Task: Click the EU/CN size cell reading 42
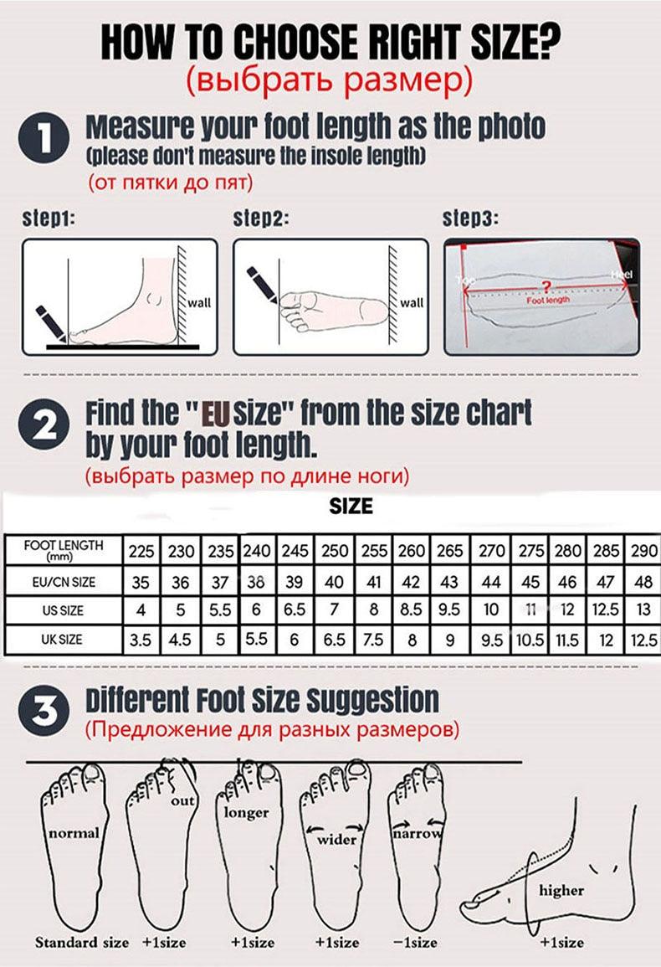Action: (x=412, y=581)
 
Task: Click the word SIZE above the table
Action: (x=351, y=507)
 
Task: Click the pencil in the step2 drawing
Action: (x=264, y=285)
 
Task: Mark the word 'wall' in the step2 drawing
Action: (x=412, y=302)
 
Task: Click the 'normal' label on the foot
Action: (x=74, y=833)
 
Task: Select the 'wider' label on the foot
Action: (x=336, y=839)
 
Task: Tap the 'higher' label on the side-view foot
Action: (x=561, y=890)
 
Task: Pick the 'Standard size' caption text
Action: (x=82, y=943)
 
